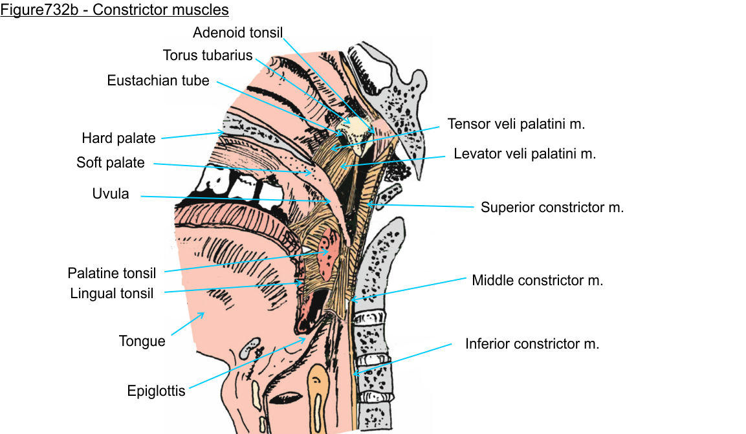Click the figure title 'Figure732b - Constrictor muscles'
click(x=115, y=10)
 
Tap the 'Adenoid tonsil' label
click(x=238, y=32)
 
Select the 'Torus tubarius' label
click(x=208, y=55)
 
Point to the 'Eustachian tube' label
click(x=159, y=81)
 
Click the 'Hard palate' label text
click(x=118, y=138)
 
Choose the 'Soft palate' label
click(x=111, y=162)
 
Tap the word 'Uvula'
click(x=111, y=193)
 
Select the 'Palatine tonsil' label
click(x=112, y=274)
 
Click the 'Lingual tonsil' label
click(x=112, y=294)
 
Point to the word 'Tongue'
click(x=142, y=341)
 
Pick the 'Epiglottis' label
click(x=156, y=391)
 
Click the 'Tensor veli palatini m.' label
click(x=516, y=124)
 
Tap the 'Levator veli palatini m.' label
click(x=525, y=154)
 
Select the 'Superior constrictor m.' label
click(x=552, y=208)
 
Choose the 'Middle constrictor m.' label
click(x=537, y=281)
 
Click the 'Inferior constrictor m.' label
click(x=532, y=343)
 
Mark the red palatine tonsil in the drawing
click(x=331, y=246)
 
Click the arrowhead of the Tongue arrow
click(x=203, y=313)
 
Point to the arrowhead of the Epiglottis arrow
click(x=305, y=338)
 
